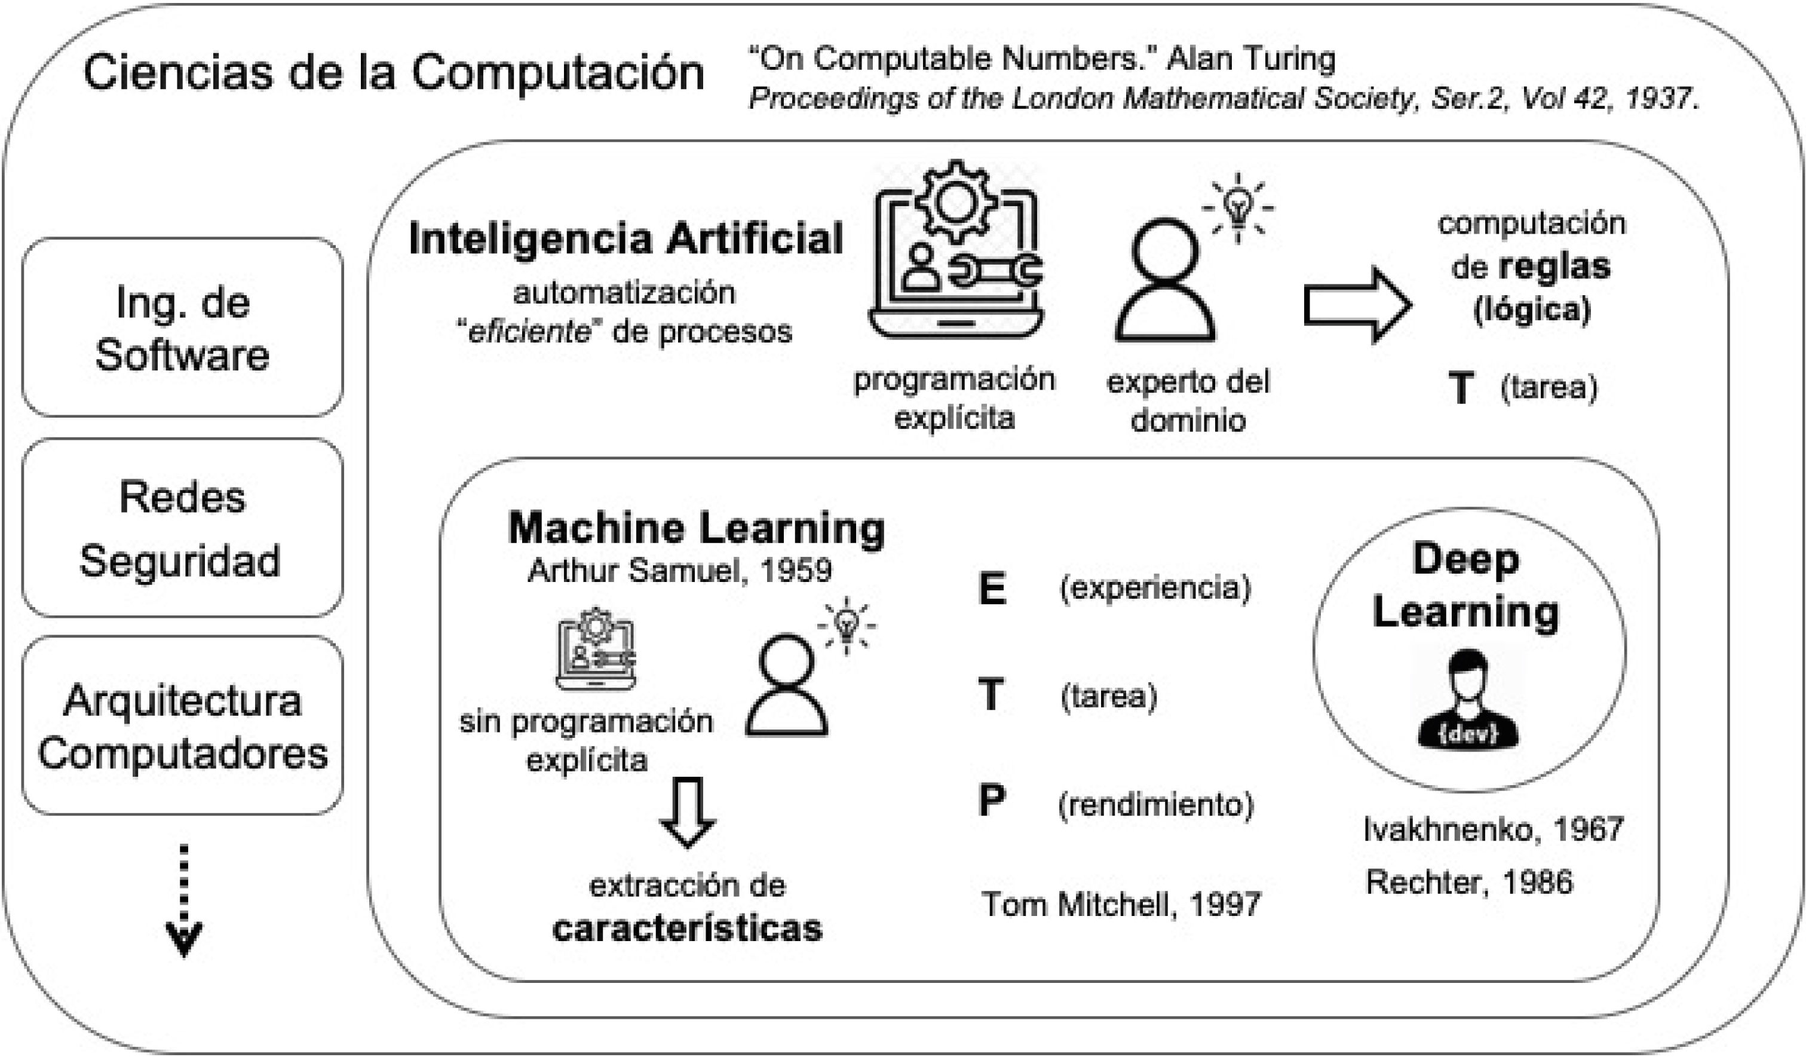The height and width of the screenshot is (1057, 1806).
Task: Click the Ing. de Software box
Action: tap(182, 327)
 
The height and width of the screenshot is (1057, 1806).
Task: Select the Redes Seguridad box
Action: tap(182, 528)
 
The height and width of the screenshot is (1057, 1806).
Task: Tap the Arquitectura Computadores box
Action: tap(182, 725)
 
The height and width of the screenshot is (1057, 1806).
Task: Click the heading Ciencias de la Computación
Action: tap(394, 73)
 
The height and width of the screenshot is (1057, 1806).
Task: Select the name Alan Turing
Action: tap(1250, 59)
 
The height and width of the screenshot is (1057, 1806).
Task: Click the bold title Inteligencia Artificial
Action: tap(625, 238)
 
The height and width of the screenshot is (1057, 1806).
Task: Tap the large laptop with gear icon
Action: tap(956, 251)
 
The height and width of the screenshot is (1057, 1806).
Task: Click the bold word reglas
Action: tap(1554, 267)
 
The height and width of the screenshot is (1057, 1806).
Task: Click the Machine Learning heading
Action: tap(696, 528)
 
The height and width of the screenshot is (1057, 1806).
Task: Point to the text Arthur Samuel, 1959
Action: tap(679, 571)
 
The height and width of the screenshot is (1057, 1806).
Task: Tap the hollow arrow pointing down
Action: tap(687, 812)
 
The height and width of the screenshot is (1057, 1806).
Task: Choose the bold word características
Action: tap(687, 929)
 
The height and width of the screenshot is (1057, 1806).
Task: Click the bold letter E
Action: tap(992, 589)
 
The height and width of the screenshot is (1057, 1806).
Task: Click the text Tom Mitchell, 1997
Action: tap(1121, 905)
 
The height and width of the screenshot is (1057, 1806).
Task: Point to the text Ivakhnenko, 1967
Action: tap(1493, 830)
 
